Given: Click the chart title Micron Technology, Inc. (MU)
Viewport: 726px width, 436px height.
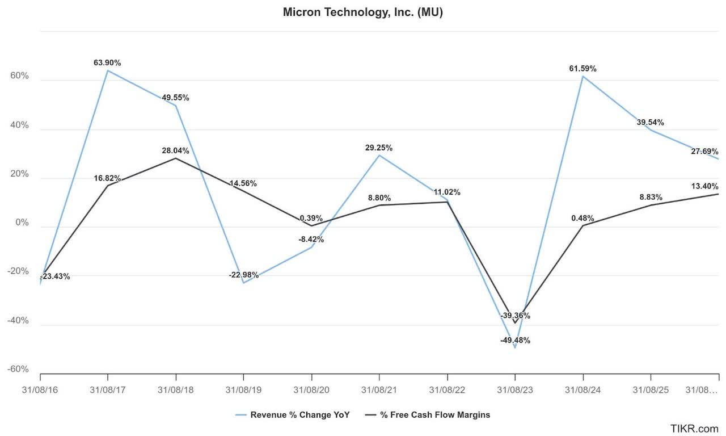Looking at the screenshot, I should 362,12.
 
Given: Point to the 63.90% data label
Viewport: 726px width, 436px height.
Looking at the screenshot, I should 107,62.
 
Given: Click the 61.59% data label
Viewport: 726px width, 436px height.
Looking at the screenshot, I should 583,69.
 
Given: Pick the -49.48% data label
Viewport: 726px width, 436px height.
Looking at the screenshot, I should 514,341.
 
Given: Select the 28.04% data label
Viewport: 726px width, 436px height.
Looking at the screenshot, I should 175,151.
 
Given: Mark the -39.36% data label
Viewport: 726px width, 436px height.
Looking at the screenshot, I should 514,316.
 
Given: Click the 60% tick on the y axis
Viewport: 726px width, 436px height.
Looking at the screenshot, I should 19,76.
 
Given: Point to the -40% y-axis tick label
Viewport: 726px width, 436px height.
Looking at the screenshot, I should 18,320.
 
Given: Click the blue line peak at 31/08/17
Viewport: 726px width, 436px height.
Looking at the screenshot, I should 107,70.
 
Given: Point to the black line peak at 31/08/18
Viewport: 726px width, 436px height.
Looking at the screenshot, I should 175,158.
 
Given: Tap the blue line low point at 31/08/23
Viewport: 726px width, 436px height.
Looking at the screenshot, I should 514,347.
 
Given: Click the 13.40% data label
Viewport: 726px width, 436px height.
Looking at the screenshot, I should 705,186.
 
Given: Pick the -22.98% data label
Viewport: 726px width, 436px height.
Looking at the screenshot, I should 243,275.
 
